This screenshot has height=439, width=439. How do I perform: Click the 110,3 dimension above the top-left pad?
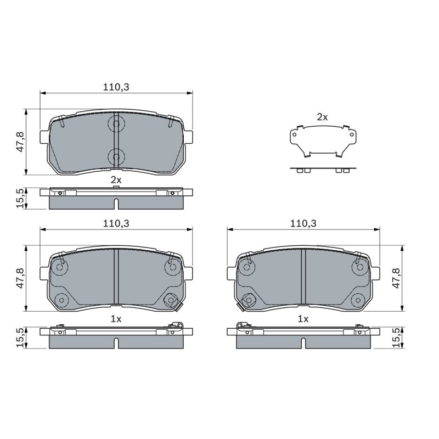[116, 87]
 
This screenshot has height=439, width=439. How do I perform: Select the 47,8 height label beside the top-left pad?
[21, 142]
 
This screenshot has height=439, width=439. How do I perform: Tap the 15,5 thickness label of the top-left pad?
[21, 199]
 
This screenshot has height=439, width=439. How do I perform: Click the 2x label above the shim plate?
[322, 117]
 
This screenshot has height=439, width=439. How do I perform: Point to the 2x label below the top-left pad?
[116, 180]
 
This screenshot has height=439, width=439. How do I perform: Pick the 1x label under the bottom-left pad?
[116, 319]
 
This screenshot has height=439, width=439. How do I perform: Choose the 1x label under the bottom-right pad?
[303, 319]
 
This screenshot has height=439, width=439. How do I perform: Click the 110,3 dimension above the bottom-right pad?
[303, 223]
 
